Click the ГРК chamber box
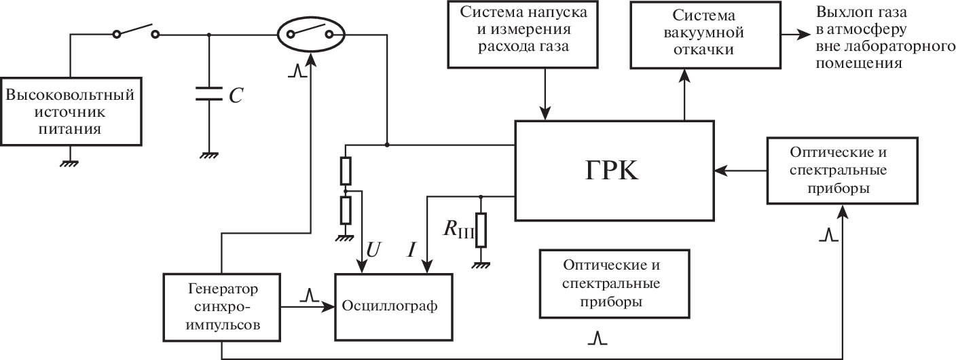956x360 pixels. coord(614,171)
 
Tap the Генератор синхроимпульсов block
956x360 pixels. coord(221,306)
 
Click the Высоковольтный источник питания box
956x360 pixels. coord(71,111)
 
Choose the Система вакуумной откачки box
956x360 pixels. coord(703,34)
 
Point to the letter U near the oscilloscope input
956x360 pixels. coord(373,250)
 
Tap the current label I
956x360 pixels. coord(411,250)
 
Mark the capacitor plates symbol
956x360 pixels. coord(209,94)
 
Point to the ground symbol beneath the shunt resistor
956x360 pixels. coord(481,264)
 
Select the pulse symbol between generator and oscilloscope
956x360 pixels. coord(310,295)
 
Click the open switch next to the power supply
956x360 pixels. coord(136,32)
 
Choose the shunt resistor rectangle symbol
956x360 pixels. coord(481,230)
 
